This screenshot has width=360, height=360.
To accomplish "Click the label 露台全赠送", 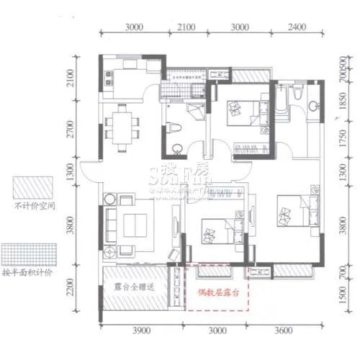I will [136, 287].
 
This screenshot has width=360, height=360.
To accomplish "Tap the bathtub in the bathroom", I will [282, 102].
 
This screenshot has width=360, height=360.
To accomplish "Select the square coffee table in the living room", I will [134, 222].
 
